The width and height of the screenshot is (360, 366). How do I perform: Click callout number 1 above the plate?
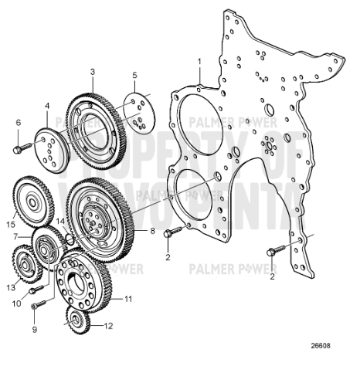click(199, 60)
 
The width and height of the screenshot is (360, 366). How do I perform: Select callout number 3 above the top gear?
click(92, 71)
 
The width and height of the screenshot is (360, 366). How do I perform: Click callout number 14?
click(59, 221)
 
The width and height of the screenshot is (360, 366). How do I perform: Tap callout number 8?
click(152, 230)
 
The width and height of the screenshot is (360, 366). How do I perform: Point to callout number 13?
click(12, 286)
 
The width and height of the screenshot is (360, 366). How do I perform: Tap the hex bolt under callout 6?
click(20, 145)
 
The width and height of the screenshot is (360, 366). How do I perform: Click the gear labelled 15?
click(34, 202)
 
